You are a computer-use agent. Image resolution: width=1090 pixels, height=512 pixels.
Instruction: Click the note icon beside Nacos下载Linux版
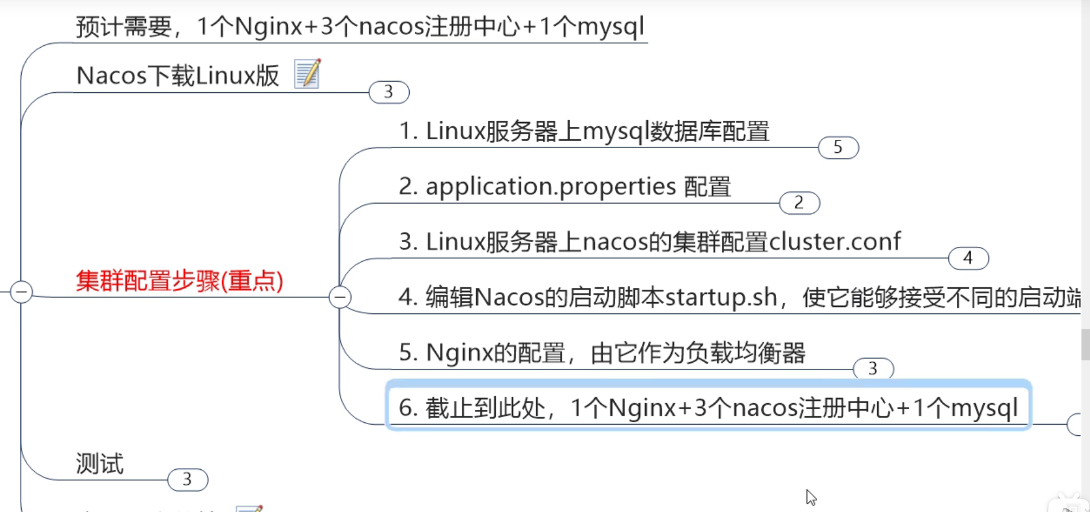click(x=307, y=74)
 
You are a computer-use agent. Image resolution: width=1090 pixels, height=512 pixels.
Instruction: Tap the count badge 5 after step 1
click(x=838, y=147)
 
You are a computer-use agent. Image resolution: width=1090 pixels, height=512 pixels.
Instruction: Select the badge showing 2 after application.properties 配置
click(x=799, y=202)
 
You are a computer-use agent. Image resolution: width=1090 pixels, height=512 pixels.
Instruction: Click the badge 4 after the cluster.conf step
click(x=968, y=258)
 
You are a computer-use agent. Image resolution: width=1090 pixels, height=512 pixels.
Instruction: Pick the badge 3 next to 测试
click(x=187, y=480)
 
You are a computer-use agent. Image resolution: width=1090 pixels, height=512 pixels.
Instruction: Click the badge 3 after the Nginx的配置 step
click(x=873, y=369)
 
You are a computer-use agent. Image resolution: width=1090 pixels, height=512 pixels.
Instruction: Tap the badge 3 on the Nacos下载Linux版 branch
click(x=389, y=92)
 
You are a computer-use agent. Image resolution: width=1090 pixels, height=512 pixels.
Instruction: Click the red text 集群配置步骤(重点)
click(x=180, y=281)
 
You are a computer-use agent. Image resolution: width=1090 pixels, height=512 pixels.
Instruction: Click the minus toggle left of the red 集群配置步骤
click(x=22, y=292)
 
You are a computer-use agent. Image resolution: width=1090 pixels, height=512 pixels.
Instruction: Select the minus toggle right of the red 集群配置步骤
click(x=340, y=297)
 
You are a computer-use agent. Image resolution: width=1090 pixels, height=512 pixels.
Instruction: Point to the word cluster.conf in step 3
click(x=834, y=241)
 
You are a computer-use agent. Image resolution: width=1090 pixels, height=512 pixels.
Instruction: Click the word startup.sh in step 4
click(x=720, y=298)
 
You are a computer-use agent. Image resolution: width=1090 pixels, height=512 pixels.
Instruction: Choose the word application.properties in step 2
click(x=551, y=186)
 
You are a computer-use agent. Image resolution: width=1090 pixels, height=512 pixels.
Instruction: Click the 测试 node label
click(x=100, y=464)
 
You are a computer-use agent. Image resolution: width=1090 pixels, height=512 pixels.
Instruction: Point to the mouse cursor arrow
click(x=811, y=497)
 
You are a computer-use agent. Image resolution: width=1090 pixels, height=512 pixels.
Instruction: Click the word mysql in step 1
click(x=615, y=131)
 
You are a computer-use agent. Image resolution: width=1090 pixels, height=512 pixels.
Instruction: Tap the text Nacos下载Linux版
click(x=178, y=76)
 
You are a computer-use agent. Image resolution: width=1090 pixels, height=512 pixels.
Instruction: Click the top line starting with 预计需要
click(x=360, y=27)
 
